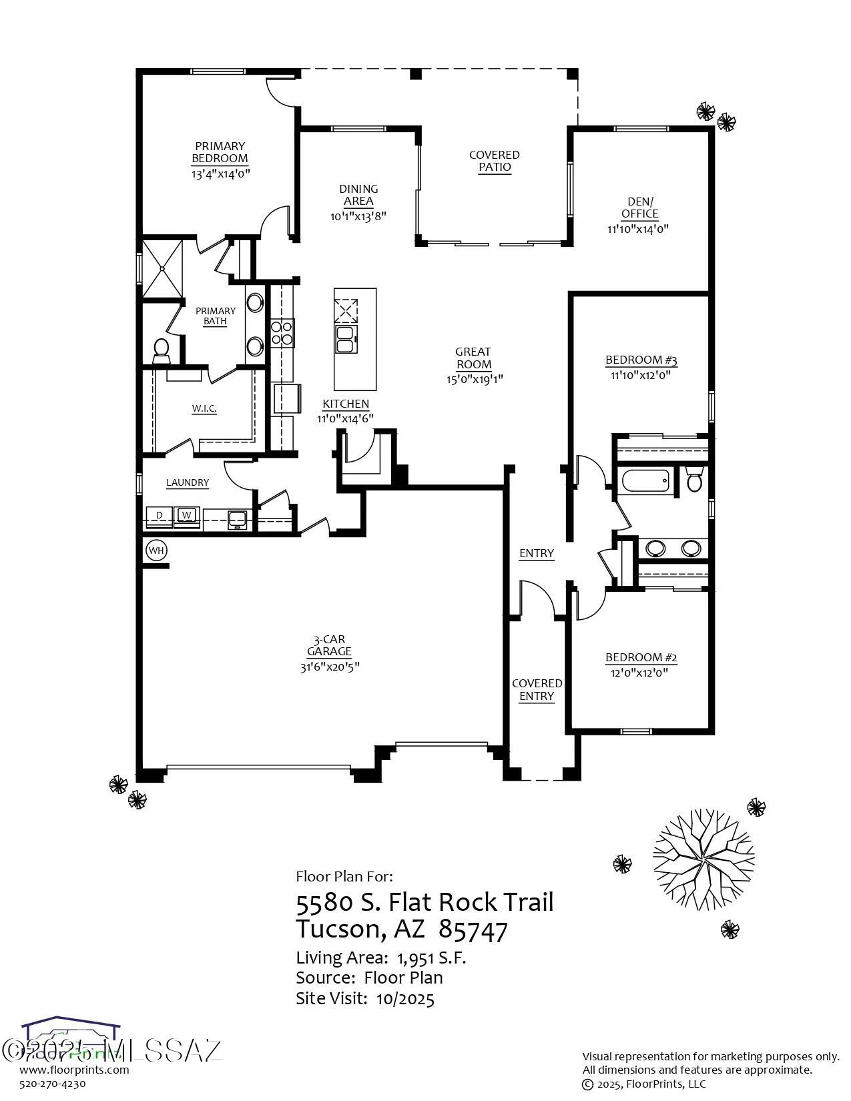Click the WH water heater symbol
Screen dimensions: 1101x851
click(x=156, y=550)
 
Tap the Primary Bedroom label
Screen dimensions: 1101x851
click(x=220, y=152)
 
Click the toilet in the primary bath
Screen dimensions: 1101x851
click(x=161, y=349)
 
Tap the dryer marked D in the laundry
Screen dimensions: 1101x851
click(x=160, y=516)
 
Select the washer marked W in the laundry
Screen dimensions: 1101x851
click(x=187, y=516)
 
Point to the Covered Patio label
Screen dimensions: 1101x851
click(x=494, y=161)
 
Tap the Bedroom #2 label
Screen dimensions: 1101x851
click(x=641, y=658)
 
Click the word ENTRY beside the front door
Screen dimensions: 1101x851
click(x=537, y=553)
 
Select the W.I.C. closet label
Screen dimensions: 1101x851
click(x=204, y=408)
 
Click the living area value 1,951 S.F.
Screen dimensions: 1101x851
click(x=431, y=958)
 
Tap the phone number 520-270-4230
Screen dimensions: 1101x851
click(x=53, y=1084)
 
